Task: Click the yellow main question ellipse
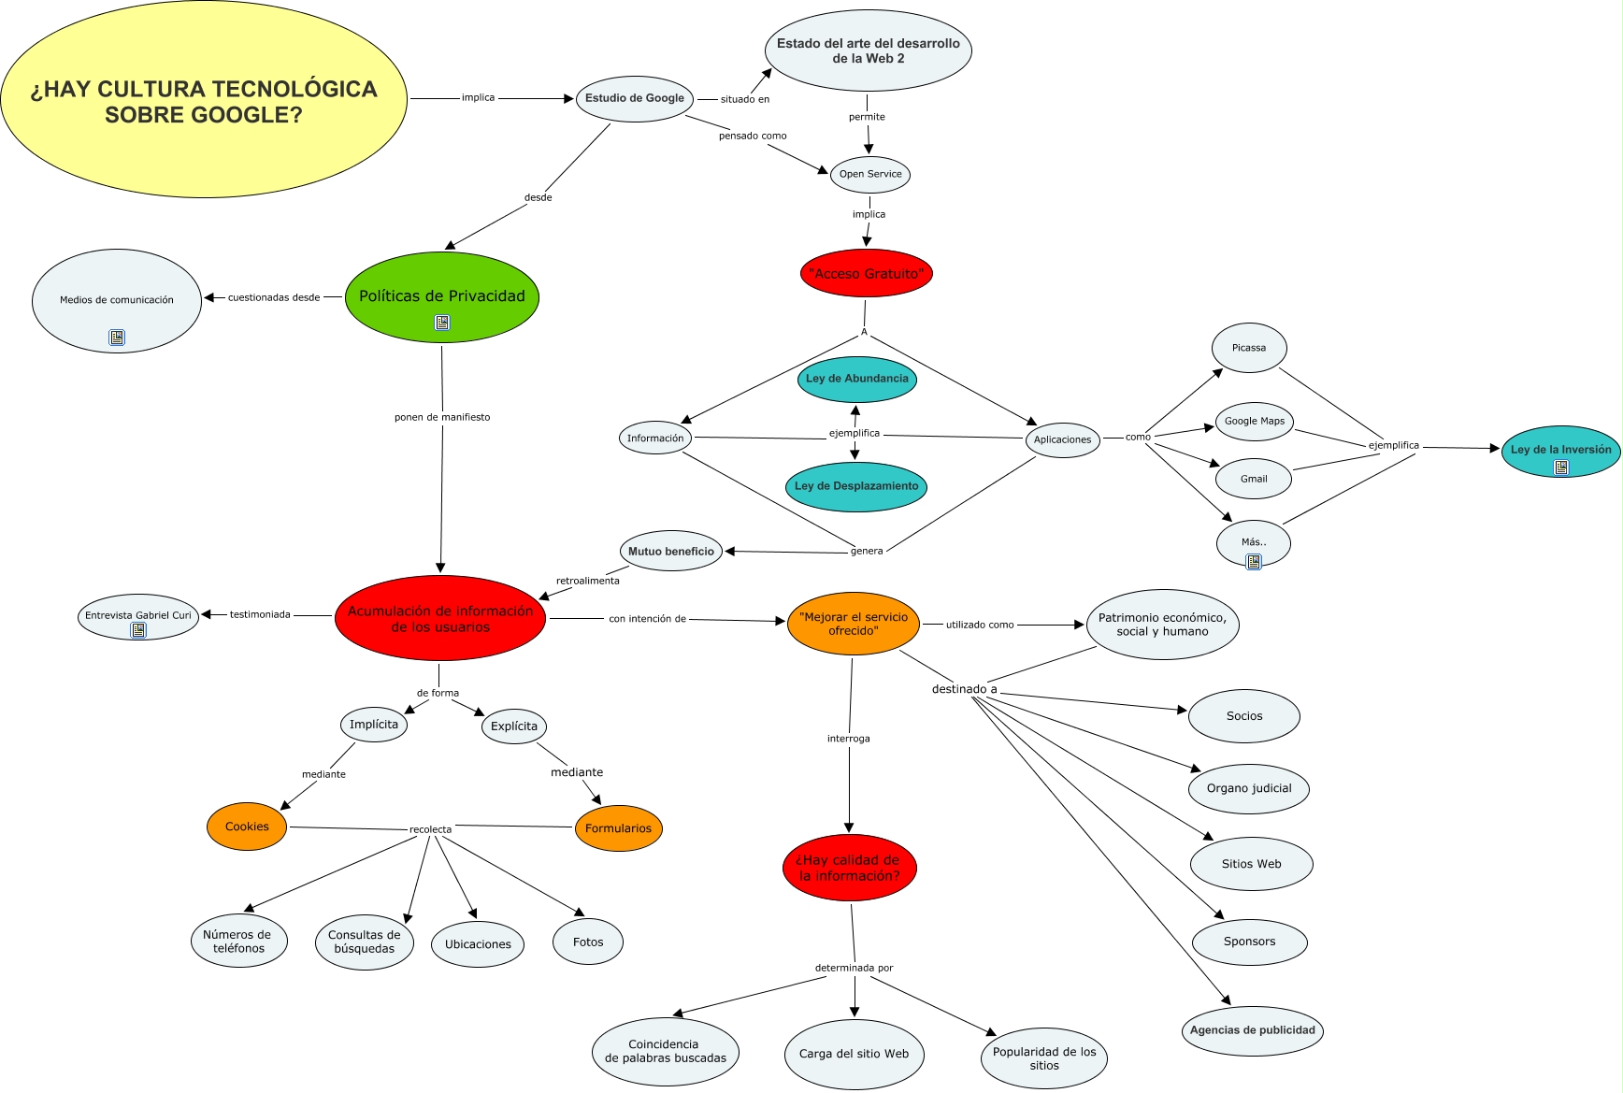click(x=204, y=101)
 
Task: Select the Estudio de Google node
click(x=634, y=98)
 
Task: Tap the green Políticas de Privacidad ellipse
click(x=441, y=296)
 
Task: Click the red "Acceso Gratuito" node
click(x=866, y=273)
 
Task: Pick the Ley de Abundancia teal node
click(x=856, y=379)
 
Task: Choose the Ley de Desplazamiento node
click(x=855, y=486)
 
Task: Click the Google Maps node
click(x=1254, y=421)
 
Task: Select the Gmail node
click(x=1253, y=479)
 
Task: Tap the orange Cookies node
click(x=247, y=827)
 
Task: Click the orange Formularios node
click(x=618, y=828)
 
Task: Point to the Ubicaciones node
click(x=478, y=944)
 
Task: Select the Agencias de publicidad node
click(x=1252, y=1030)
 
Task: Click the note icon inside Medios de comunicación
click(x=117, y=338)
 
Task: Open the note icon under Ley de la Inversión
click(x=1560, y=467)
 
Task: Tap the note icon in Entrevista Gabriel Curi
click(x=138, y=631)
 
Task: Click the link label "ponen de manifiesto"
click(x=442, y=417)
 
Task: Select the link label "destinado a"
click(x=964, y=689)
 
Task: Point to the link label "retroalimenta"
click(x=587, y=581)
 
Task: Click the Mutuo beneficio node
click(x=670, y=552)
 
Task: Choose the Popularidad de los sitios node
click(x=1043, y=1058)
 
